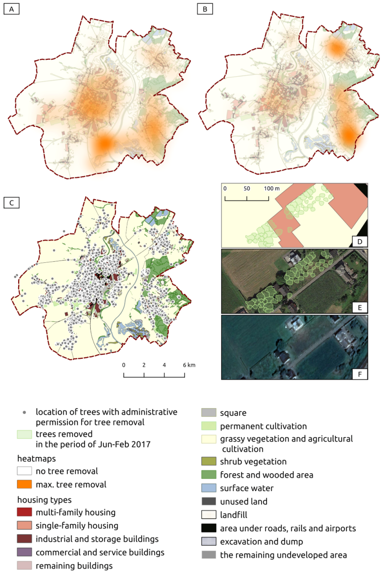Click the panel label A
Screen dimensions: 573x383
pyautogui.click(x=11, y=9)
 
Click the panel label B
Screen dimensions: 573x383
pyautogui.click(x=204, y=9)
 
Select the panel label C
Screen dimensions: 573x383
pyautogui.click(x=11, y=202)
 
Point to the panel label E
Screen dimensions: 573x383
pyautogui.click(x=359, y=307)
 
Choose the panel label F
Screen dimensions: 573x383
pyautogui.click(x=359, y=373)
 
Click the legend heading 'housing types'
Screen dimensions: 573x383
pyautogui.click(x=44, y=500)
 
